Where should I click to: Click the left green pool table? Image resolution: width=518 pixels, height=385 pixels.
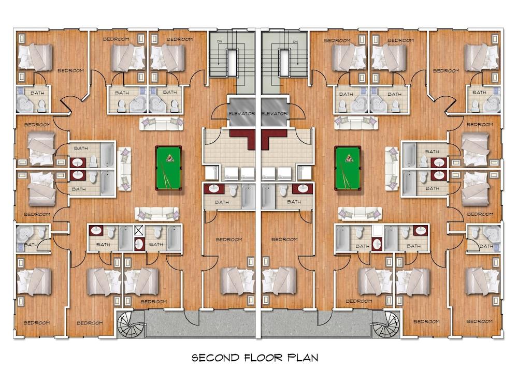point(168,168)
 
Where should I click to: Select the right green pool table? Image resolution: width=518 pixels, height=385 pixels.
point(348,168)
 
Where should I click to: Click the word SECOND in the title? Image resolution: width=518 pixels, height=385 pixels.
point(215,358)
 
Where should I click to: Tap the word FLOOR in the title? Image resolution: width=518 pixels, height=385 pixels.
point(263,358)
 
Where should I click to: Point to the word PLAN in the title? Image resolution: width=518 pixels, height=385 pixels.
point(303,358)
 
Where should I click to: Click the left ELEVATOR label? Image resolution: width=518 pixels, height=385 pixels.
point(241,113)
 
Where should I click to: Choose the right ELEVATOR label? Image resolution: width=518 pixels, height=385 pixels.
point(275,113)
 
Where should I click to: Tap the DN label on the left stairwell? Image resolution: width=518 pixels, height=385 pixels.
point(220,41)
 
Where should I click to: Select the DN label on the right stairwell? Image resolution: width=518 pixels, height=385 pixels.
point(296,42)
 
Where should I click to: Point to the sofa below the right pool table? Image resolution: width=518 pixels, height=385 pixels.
point(360,213)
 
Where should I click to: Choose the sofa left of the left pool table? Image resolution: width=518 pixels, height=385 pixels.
point(124,169)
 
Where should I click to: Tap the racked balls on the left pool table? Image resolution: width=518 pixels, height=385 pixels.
point(169,158)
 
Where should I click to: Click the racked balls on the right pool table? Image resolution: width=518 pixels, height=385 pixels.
point(349,158)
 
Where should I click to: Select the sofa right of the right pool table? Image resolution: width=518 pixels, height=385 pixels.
point(392,169)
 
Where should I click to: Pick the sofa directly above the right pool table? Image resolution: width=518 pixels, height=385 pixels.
point(356,123)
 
